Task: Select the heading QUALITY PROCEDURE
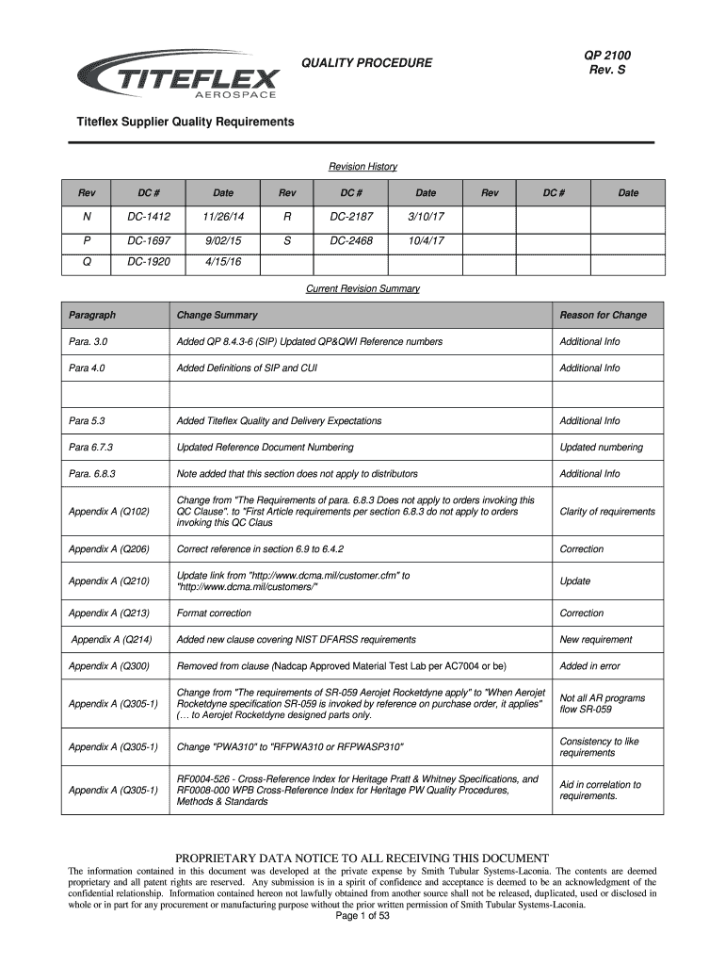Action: (366, 63)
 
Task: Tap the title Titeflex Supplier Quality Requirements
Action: (185, 123)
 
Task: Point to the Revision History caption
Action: (362, 167)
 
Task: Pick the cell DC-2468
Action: (351, 240)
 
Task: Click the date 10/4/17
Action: (427, 240)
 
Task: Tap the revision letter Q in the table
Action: (87, 263)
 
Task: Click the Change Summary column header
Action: (217, 315)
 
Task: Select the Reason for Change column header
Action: (604, 315)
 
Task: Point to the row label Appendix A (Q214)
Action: (111, 640)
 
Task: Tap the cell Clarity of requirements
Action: (607, 512)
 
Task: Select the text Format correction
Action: (214, 613)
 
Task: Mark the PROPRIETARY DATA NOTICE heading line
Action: (362, 859)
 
